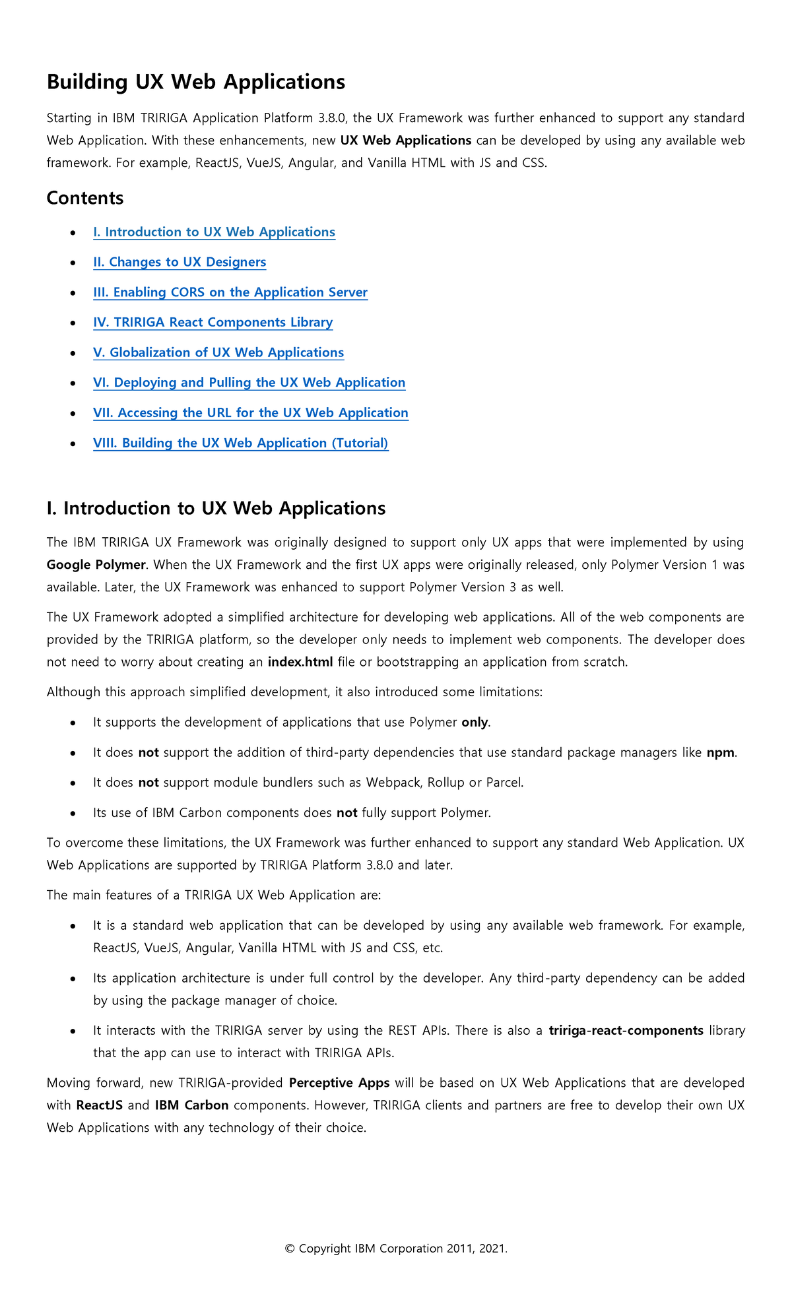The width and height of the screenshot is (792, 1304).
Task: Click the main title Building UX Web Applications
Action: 195,82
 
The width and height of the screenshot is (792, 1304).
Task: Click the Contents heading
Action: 85,198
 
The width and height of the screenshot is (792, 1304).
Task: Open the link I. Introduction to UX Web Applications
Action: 214,232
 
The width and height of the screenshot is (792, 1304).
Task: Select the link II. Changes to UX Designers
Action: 180,263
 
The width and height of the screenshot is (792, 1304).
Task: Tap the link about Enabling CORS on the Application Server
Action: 230,292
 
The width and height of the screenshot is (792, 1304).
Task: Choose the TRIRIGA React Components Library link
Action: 213,323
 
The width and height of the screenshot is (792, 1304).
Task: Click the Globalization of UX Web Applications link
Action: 218,353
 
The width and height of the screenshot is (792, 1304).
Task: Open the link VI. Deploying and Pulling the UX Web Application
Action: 249,383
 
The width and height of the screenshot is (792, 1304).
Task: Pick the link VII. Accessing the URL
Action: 250,413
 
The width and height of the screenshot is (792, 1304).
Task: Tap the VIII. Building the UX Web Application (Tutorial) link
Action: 240,443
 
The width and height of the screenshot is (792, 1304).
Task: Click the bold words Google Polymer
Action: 96,565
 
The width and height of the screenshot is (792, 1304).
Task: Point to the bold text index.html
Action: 300,662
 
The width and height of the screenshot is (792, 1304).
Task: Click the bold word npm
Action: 720,753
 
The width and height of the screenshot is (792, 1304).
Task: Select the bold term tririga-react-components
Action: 626,1031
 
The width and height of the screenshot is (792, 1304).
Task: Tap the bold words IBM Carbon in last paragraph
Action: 191,1105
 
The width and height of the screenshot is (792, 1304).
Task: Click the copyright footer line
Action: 396,1249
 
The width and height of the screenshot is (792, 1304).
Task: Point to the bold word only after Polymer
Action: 475,723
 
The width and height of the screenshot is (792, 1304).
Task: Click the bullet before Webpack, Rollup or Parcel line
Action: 73,783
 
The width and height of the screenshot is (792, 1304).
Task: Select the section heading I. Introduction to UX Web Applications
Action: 216,508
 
